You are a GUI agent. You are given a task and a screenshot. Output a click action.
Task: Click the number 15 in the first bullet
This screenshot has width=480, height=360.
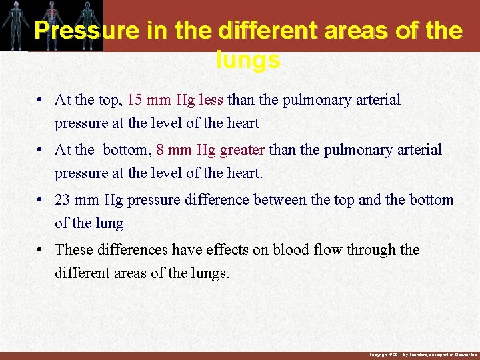pyautogui.click(x=135, y=100)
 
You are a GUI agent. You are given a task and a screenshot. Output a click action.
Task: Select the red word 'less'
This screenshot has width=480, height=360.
pyautogui.click(x=211, y=100)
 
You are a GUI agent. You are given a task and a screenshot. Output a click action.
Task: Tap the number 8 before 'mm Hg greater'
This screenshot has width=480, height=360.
pyautogui.click(x=160, y=150)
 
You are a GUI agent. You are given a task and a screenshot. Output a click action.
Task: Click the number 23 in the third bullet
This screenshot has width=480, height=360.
pyautogui.click(x=63, y=200)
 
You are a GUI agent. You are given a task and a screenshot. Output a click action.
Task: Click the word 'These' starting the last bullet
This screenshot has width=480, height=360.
pyautogui.click(x=73, y=250)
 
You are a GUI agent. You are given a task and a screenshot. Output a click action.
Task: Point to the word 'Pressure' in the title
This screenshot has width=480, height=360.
pyautogui.click(x=81, y=31)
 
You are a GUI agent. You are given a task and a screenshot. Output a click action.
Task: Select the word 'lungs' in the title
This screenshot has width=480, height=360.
pyautogui.click(x=248, y=61)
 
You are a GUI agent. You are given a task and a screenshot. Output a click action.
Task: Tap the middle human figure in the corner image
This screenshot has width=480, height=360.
pyautogui.click(x=51, y=25)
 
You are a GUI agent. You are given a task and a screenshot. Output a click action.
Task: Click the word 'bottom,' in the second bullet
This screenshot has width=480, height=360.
pyautogui.click(x=127, y=150)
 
